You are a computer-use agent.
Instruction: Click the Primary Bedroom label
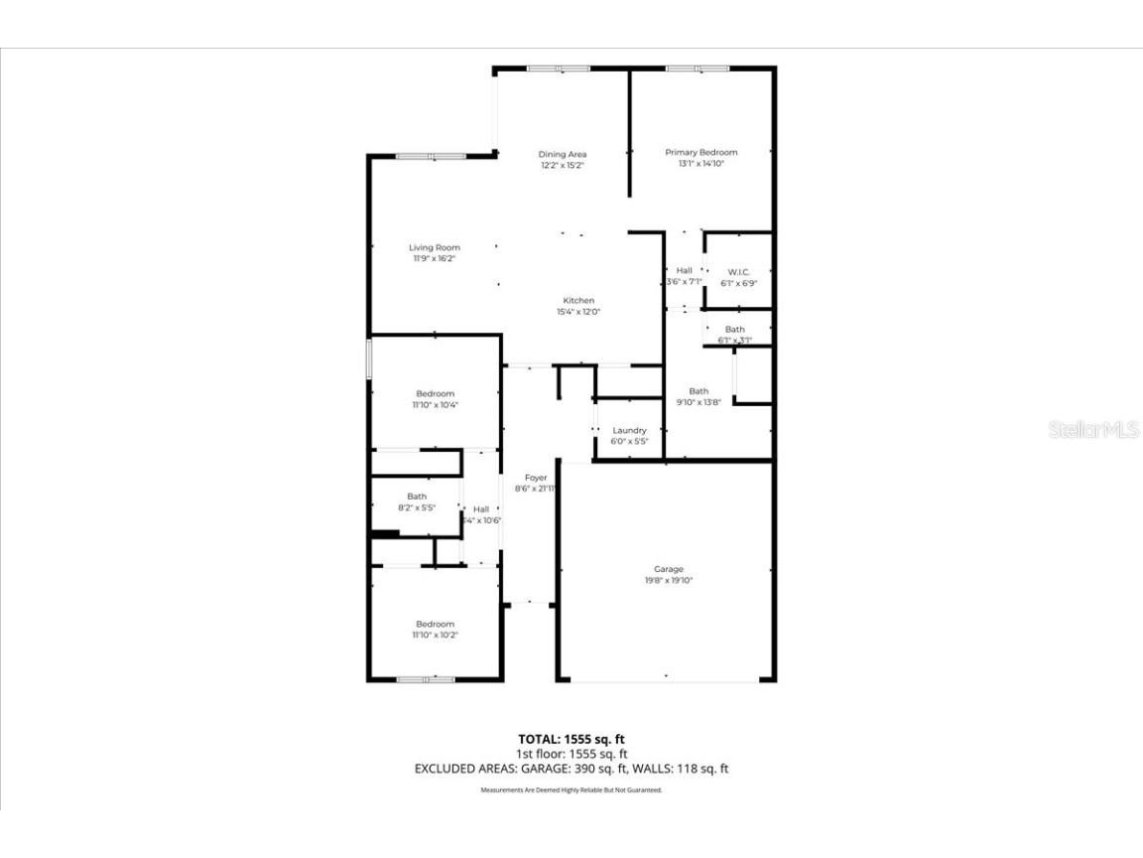coord(700,152)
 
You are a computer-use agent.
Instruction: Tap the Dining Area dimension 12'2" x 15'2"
coord(563,166)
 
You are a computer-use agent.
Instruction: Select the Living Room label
coord(435,247)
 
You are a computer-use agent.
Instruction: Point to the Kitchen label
coord(578,300)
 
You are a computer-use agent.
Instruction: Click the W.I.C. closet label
coord(738,271)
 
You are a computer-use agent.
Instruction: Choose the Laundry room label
coord(629,430)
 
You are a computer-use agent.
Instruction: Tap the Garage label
coord(668,569)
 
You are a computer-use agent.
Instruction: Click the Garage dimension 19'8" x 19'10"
coord(668,580)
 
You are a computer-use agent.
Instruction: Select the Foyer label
coord(536,478)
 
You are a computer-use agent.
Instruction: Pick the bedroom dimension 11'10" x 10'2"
coord(435,635)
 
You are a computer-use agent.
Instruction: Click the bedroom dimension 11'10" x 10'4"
coord(435,404)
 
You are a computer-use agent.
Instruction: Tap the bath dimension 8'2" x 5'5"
coord(417,507)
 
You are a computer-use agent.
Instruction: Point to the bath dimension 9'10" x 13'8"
coord(698,402)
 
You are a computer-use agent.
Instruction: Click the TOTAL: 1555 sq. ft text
coord(571,739)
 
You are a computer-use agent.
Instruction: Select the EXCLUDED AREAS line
coord(571,769)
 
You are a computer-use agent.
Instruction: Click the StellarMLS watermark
coord(1095,430)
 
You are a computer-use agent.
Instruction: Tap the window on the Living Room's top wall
coord(431,156)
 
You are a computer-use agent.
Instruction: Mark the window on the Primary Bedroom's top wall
coord(697,69)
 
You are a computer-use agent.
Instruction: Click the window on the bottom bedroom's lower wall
coord(426,679)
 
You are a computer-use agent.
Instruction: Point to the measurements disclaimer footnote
coord(571,790)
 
